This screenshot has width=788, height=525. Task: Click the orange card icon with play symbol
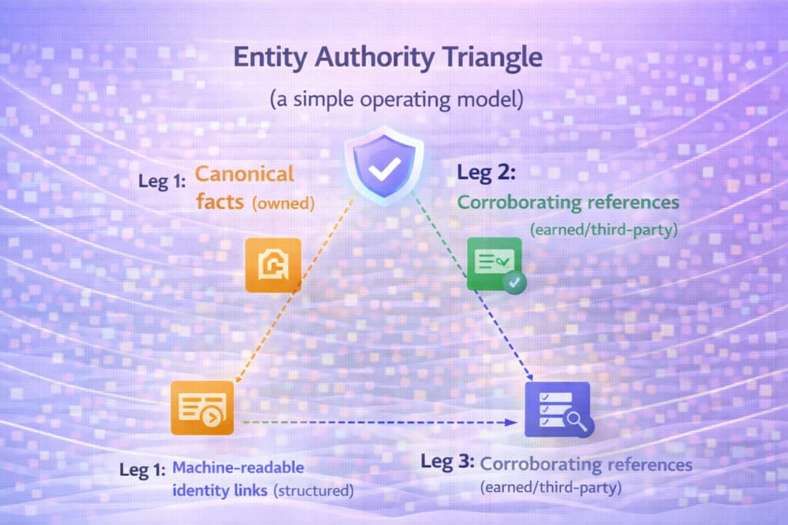tap(202, 408)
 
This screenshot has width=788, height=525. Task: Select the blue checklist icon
tap(552, 408)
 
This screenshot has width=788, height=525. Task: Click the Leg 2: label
tap(486, 174)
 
